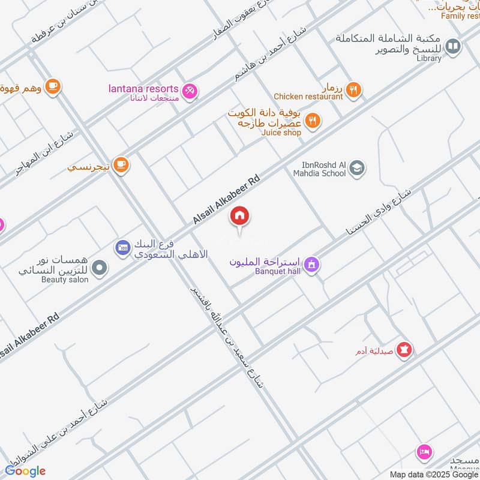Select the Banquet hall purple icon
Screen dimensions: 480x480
[x=311, y=264]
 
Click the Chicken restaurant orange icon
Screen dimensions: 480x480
[x=355, y=90]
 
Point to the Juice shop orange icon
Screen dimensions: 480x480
[x=312, y=121]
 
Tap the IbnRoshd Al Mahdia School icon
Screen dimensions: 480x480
[x=357, y=168]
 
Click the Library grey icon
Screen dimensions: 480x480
[x=454, y=46]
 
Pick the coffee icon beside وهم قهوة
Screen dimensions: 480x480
[x=53, y=86]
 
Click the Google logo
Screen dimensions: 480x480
[x=26, y=470]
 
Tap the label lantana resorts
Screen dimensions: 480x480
[x=143, y=88]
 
